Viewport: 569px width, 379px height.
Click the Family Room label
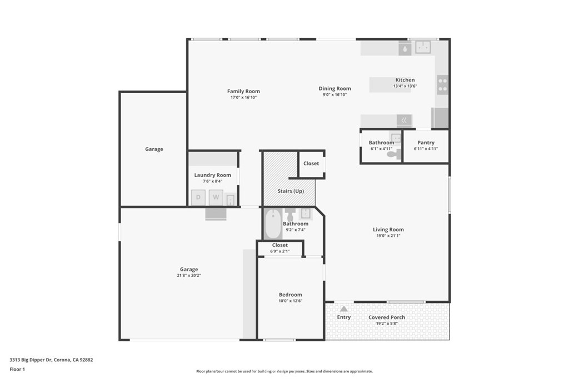click(243, 92)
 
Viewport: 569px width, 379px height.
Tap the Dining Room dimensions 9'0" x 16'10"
click(335, 95)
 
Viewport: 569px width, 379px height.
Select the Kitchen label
click(405, 80)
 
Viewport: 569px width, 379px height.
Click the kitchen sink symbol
click(425, 47)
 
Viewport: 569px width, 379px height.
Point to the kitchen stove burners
click(442, 84)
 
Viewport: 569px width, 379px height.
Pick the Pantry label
click(426, 143)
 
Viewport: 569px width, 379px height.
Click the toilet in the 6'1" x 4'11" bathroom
click(394, 155)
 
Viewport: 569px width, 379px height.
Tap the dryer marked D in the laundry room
click(198, 198)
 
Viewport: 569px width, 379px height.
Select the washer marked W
click(216, 198)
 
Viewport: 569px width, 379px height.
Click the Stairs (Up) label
click(291, 191)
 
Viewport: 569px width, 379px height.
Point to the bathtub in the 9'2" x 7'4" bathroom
click(272, 224)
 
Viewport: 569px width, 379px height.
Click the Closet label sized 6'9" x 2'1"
click(280, 245)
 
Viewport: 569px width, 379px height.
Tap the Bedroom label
click(291, 295)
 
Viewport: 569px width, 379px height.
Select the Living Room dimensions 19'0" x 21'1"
click(388, 235)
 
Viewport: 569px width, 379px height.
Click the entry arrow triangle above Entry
click(344, 309)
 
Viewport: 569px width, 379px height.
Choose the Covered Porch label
click(387, 317)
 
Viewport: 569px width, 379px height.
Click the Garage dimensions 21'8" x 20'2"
click(189, 275)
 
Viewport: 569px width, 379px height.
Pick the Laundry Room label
click(212, 175)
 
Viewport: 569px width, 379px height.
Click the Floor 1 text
click(18, 369)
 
